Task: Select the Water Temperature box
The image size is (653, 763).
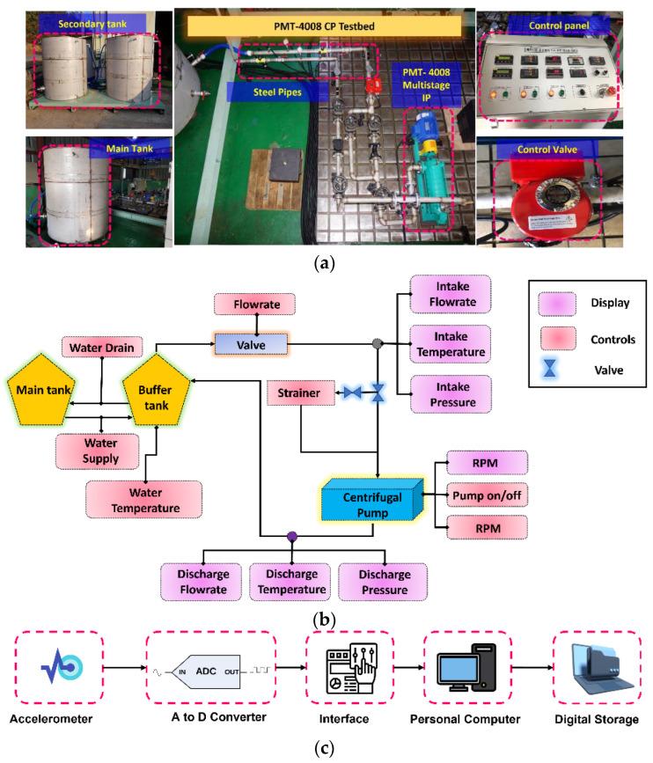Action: click(143, 500)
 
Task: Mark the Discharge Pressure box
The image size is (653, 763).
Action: click(383, 582)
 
